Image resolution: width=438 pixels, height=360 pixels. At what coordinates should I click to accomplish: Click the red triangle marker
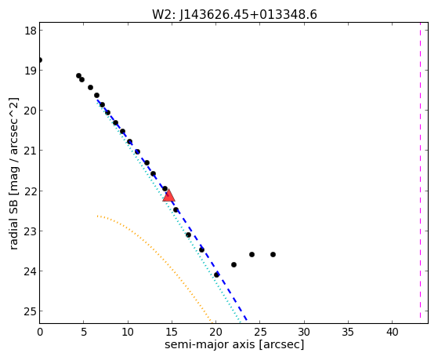pyautogui.click(x=168, y=195)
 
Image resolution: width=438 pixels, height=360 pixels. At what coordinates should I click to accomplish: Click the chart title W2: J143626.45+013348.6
pyautogui.click(x=234, y=15)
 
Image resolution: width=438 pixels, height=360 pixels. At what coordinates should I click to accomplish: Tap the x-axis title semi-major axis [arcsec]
pyautogui.click(x=234, y=344)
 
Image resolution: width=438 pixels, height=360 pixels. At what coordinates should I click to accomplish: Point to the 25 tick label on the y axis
pyautogui.click(x=30, y=311)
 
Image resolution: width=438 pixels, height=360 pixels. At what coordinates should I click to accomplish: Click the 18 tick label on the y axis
pyautogui.click(x=30, y=31)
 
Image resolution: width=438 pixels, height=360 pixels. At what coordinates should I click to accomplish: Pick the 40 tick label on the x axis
pyautogui.click(x=393, y=332)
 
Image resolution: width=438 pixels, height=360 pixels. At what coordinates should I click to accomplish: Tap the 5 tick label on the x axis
pyautogui.click(x=84, y=332)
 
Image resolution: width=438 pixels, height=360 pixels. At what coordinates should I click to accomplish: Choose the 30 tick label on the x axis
pyautogui.click(x=304, y=332)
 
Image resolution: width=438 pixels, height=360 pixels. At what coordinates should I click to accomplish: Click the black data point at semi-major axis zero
pyautogui.click(x=40, y=60)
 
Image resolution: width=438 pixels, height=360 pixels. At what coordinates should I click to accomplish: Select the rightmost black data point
pyautogui.click(x=273, y=255)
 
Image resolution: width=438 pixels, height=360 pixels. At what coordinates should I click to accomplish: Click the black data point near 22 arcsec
pyautogui.click(x=233, y=264)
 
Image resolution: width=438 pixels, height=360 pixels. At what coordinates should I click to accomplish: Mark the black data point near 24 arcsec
pyautogui.click(x=252, y=255)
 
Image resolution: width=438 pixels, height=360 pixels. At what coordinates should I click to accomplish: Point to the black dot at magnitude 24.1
pyautogui.click(x=216, y=275)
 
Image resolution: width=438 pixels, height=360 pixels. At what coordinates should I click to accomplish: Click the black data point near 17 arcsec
pyautogui.click(x=188, y=235)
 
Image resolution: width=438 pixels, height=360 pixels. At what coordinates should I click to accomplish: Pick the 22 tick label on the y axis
pyautogui.click(x=30, y=191)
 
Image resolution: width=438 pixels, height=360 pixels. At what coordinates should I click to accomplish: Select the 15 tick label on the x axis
pyautogui.click(x=172, y=332)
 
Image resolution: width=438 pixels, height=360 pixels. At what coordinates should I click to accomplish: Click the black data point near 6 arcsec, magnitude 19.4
pyautogui.click(x=90, y=88)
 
